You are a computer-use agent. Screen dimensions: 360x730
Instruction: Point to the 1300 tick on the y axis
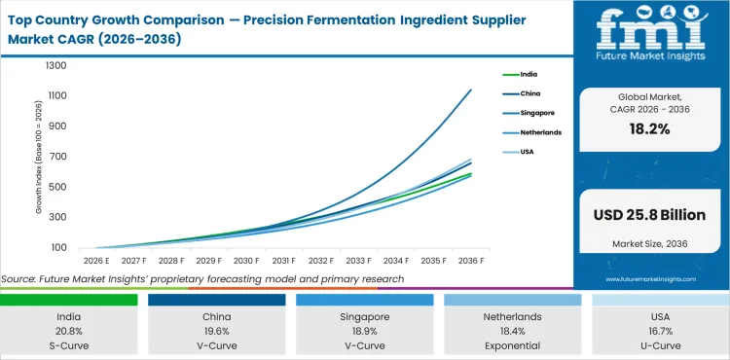(x=55, y=66)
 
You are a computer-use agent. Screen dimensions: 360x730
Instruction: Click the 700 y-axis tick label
(x=57, y=157)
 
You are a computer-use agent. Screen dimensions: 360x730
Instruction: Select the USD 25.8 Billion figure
(x=649, y=215)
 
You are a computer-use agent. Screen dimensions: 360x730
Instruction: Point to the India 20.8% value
(x=68, y=331)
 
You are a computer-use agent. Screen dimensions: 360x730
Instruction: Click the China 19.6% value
(x=215, y=331)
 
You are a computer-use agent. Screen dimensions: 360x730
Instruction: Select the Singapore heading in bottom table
(x=363, y=317)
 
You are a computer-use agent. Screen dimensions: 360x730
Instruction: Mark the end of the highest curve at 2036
(x=471, y=90)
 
